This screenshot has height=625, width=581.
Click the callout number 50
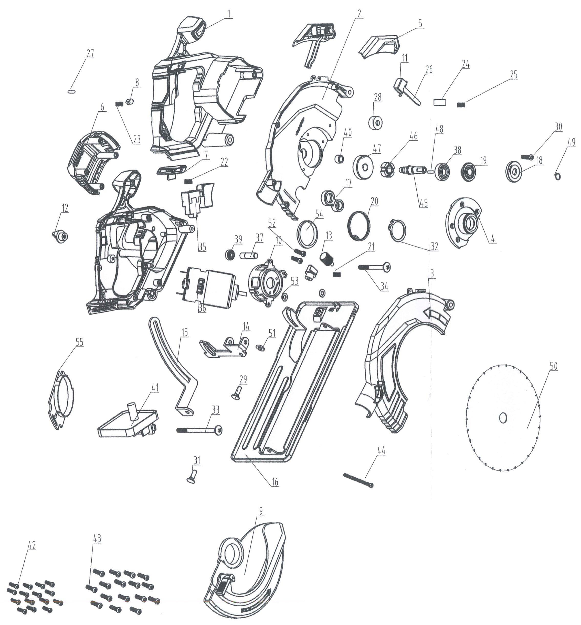[x=553, y=366]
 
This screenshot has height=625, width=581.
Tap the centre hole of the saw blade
[x=503, y=418]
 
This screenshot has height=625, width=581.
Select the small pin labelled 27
[x=72, y=91]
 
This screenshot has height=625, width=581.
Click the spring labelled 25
[x=461, y=105]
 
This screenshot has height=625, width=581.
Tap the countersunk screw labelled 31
[x=192, y=476]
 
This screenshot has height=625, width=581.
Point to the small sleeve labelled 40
[x=339, y=158]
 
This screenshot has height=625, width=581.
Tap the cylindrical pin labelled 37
[x=249, y=255]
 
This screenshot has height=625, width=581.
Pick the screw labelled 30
[x=527, y=156]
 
